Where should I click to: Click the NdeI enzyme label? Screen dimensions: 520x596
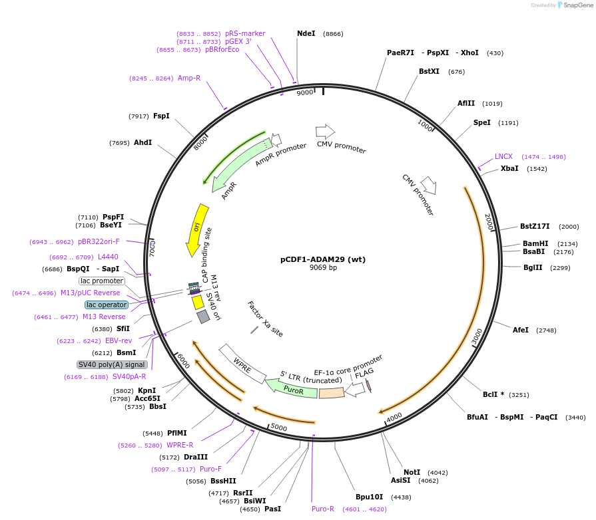click(306, 33)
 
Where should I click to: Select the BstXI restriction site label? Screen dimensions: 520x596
click(429, 71)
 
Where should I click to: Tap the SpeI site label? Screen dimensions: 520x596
click(481, 122)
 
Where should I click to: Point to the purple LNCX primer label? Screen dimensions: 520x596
click(503, 156)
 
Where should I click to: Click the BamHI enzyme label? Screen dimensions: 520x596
click(535, 243)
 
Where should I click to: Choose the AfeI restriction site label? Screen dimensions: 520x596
click(521, 330)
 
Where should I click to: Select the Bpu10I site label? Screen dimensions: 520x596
click(370, 497)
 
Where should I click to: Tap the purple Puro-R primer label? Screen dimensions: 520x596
click(323, 509)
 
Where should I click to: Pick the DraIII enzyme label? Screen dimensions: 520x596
click(196, 457)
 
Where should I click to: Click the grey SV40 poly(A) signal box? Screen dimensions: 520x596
click(112, 364)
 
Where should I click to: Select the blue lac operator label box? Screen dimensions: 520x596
click(107, 305)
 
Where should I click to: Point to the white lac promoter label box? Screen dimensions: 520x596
click(102, 281)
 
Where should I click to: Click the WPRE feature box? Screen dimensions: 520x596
click(242, 364)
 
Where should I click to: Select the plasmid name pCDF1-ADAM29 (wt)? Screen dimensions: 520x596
click(323, 259)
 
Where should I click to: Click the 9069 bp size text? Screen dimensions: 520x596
click(323, 268)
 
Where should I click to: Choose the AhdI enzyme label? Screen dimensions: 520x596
click(143, 142)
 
